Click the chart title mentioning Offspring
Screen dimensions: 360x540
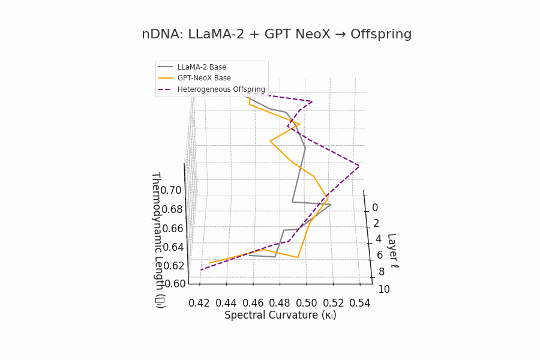[277, 34]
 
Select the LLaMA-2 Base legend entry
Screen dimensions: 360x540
[202, 67]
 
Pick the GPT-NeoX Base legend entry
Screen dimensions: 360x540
[204, 78]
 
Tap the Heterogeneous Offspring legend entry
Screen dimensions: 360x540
[221, 89]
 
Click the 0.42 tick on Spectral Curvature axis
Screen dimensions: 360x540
[199, 303]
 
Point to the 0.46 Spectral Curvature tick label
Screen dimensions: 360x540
[253, 303]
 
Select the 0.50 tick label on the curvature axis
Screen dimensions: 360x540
[307, 303]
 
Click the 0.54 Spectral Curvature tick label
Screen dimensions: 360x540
[360, 303]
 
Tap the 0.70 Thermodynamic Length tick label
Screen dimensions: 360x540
[171, 190]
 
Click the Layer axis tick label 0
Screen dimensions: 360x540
[375, 208]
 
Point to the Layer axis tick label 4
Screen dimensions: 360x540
[378, 239]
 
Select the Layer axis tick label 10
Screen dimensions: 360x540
[383, 289]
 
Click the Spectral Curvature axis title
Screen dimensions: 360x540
[280, 315]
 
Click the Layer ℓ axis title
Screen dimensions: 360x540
[391, 250]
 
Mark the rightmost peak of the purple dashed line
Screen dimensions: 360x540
[359, 166]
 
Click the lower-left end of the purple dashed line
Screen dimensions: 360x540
[200, 270]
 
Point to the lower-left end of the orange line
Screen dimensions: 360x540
[209, 263]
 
